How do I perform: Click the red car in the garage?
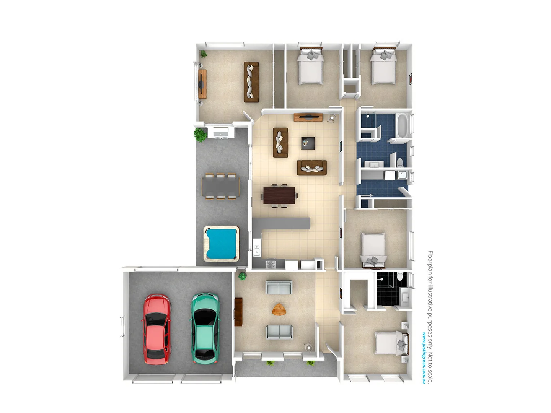(156, 329)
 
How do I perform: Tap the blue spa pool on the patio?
(221, 244)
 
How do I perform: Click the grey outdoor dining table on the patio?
(220, 186)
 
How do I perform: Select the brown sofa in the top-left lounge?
(251, 82)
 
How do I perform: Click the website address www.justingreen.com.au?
(424, 357)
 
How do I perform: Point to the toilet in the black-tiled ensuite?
(399, 276)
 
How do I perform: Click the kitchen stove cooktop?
(271, 264)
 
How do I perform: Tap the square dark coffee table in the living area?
(308, 143)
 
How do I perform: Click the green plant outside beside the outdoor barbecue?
(199, 135)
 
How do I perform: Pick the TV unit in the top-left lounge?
(202, 83)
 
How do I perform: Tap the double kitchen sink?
(256, 250)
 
